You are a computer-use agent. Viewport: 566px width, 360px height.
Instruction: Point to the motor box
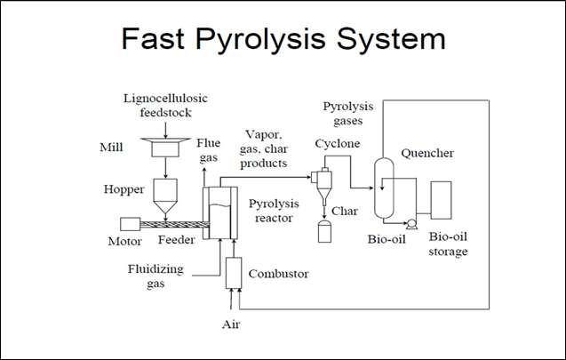[x=131, y=226]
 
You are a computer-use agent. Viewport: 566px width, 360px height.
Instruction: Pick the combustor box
[x=234, y=273]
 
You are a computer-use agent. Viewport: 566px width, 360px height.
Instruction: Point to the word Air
[x=231, y=324]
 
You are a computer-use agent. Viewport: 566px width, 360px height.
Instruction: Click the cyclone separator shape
[x=323, y=182]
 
